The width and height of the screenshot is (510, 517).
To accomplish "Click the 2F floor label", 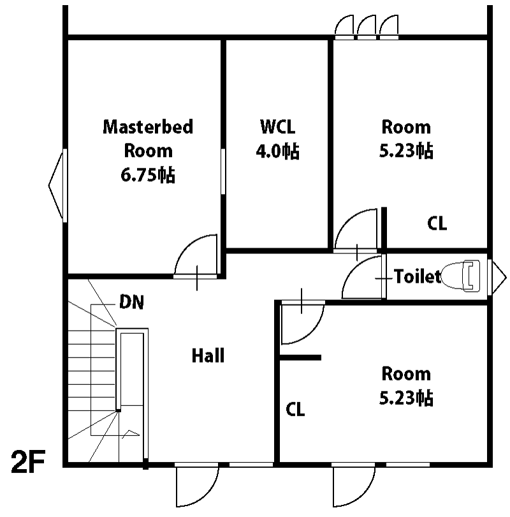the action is coord(28,461).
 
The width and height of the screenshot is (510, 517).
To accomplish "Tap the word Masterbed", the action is coord(148,127).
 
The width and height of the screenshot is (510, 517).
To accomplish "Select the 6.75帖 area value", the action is coord(148,175).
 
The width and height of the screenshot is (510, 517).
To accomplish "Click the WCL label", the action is coord(277,126).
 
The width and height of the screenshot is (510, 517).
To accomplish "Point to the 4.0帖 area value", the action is coord(277,151).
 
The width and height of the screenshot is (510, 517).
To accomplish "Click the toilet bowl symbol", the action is coord(460,276).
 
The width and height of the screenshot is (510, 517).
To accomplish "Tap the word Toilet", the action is coord(417,276).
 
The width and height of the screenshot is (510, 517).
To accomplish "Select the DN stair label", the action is coord(132,302).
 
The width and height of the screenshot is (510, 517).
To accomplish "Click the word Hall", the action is coord(208,356).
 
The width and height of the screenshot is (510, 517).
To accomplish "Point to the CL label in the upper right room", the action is coord(437,223).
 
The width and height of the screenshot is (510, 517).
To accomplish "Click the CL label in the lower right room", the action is coord(295,410).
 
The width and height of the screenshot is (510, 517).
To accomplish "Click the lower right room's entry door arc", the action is coord(311,333).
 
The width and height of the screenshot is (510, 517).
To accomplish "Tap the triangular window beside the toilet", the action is coord(497,277).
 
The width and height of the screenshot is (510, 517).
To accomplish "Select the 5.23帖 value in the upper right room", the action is coord(406,151).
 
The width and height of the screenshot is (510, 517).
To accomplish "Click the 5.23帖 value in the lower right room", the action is coord(406,398).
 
